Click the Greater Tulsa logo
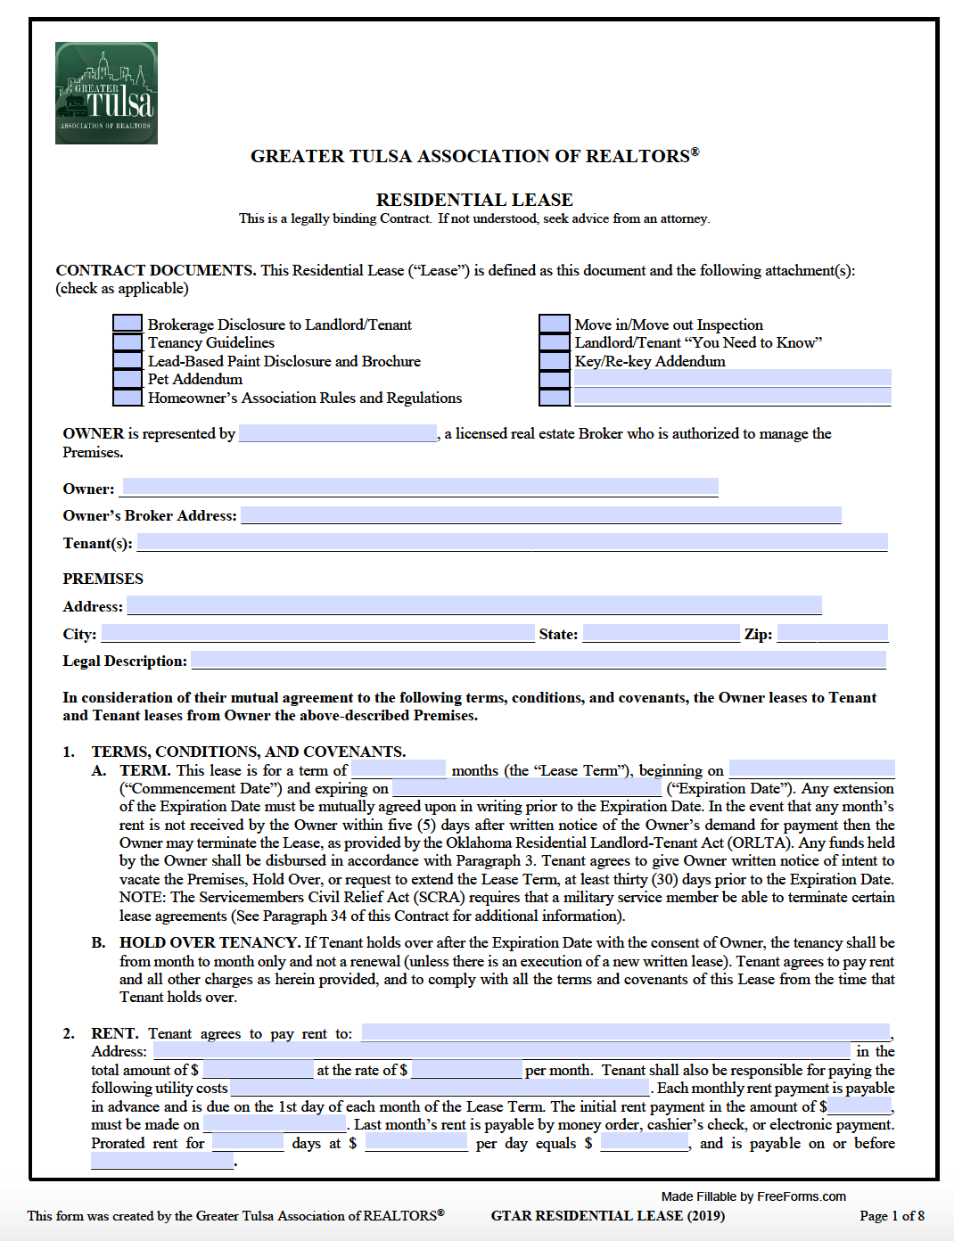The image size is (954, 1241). click(106, 93)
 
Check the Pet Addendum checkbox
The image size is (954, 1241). click(127, 379)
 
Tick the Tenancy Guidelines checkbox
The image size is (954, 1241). click(127, 342)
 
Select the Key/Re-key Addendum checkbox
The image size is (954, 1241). click(554, 361)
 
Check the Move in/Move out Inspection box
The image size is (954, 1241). click(554, 325)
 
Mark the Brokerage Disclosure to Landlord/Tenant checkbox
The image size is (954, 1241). click(127, 325)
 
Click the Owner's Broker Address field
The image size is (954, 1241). click(540, 515)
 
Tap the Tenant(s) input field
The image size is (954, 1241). click(512, 542)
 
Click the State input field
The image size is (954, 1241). click(661, 634)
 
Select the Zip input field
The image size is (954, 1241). click(833, 634)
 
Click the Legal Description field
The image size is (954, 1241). click(539, 661)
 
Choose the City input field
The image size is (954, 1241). click(317, 634)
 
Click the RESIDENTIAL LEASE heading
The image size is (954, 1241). click(474, 200)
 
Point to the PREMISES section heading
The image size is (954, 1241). click(103, 579)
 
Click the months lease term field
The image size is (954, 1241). click(399, 769)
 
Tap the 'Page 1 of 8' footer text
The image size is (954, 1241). click(892, 1216)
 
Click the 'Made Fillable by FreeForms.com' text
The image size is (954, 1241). click(753, 1196)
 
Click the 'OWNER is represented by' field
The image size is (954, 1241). click(338, 433)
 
